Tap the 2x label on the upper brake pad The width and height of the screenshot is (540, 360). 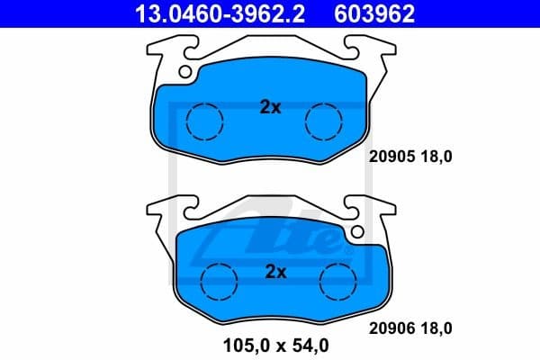270,108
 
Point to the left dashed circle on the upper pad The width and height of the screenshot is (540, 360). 203,120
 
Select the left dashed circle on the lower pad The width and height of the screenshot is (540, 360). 215,281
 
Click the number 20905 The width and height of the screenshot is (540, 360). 391,156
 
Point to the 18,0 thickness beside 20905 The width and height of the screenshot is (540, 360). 436,156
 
